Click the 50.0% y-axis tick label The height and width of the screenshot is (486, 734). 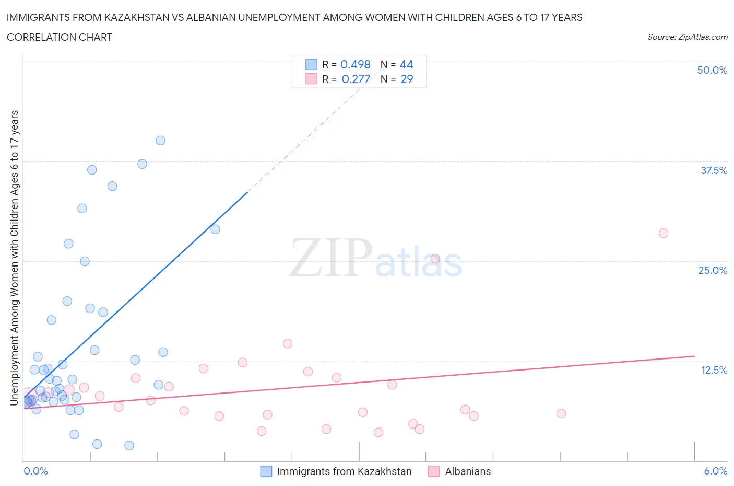tap(712, 70)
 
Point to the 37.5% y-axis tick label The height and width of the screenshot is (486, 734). tap(714, 170)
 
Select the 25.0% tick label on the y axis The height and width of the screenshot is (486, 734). tap(713, 270)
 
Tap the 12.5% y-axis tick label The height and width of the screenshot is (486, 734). tap(714, 370)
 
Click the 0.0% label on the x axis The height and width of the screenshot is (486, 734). tap(35, 471)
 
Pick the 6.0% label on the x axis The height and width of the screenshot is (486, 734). tap(715, 471)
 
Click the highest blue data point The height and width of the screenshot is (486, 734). tap(160, 141)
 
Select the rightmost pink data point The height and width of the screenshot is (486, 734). tap(664, 233)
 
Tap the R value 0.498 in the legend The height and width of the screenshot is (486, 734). tap(355, 64)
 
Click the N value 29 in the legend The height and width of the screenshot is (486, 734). tap(407, 79)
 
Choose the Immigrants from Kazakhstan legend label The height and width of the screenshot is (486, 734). tap(344, 471)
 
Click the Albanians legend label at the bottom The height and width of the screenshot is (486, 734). tap(468, 471)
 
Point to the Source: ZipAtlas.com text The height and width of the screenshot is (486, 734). tap(687, 37)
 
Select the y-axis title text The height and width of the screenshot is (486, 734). tap(14, 258)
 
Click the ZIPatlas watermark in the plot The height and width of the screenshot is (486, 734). tap(376, 258)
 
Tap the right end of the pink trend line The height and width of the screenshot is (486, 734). tap(694, 356)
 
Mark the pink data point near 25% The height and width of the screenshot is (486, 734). tap(435, 259)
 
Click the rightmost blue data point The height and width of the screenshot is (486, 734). tap(215, 229)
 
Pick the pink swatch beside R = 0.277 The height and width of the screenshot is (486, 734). tap(311, 79)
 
